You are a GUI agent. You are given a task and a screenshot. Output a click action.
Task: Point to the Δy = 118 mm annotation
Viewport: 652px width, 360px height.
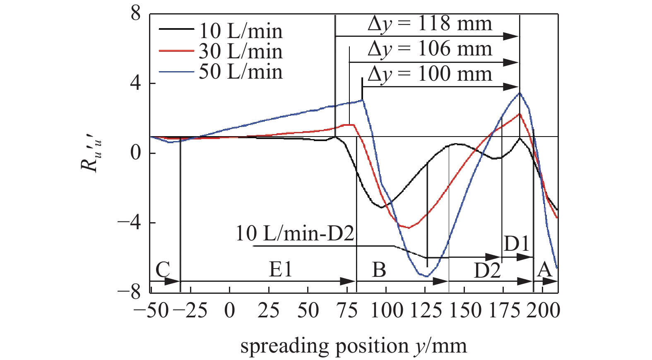430,24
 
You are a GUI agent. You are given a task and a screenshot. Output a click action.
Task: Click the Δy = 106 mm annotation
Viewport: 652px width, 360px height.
430,49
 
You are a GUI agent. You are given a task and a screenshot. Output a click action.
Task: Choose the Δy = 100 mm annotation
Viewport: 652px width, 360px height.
430,74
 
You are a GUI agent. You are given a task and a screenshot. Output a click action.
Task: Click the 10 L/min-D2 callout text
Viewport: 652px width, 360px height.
295,234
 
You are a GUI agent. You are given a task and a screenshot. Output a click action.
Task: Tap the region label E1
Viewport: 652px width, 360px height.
281,269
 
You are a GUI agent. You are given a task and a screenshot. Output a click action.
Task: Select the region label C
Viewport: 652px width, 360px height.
163,270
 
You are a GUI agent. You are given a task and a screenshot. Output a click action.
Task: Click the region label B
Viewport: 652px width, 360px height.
379,270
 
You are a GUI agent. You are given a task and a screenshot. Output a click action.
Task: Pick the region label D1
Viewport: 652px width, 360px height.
516,244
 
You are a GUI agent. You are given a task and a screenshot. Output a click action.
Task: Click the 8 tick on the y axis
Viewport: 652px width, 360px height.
136,14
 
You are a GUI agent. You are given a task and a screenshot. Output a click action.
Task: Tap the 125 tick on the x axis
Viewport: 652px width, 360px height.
425,310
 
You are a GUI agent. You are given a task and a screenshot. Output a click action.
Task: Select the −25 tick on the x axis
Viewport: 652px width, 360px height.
191,310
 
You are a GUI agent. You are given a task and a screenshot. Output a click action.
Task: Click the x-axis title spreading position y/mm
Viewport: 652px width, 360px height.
354,346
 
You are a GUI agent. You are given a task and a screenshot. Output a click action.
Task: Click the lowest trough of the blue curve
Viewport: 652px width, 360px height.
426,276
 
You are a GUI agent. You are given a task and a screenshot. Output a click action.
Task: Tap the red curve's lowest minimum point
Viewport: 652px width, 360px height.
409,228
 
